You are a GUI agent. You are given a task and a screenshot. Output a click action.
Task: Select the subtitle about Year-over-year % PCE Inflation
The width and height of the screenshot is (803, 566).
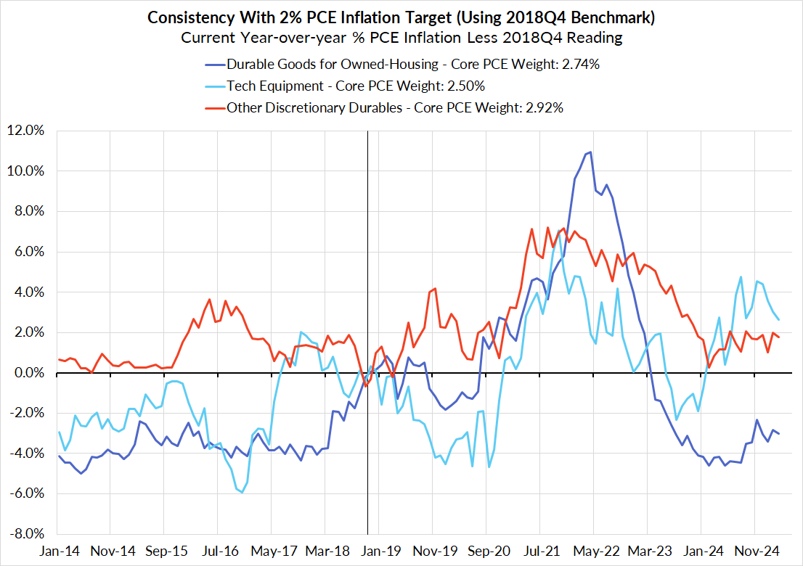[401, 37]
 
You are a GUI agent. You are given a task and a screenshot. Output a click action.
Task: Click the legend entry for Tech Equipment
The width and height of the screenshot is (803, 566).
[355, 86]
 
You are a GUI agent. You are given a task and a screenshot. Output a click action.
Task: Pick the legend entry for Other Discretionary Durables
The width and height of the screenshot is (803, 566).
[395, 108]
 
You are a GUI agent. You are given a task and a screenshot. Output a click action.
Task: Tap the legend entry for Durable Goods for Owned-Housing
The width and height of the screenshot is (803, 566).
[412, 65]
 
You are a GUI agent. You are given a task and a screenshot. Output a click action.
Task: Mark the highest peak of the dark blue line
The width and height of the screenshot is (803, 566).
[591, 152]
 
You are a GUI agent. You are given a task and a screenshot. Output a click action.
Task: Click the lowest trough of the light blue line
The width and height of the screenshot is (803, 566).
[242, 493]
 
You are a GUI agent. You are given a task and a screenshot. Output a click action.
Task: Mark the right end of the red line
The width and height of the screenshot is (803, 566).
[779, 337]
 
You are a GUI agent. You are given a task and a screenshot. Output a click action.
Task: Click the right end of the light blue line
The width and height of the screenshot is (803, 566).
[779, 319]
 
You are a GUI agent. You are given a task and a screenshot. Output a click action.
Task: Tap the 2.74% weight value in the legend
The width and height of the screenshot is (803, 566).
[578, 65]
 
